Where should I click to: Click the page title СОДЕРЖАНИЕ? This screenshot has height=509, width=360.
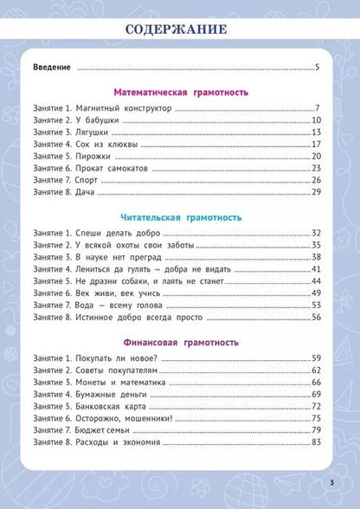[180, 30]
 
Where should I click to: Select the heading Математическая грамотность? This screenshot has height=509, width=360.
[181, 90]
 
